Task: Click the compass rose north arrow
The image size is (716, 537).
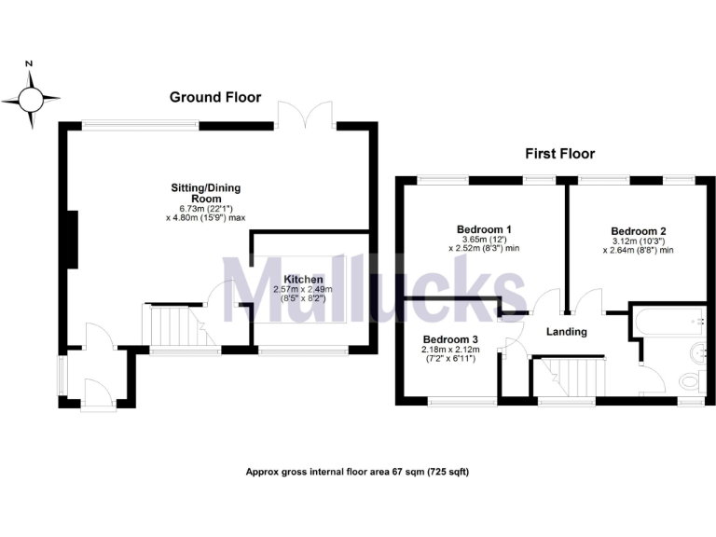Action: point(30,97)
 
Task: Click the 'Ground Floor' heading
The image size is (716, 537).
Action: point(214,97)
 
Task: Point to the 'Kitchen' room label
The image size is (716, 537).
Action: point(304,279)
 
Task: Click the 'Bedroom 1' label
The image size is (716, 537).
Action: point(484,228)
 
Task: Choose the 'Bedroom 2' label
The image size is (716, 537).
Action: point(639,231)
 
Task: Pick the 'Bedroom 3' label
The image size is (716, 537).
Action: point(450,338)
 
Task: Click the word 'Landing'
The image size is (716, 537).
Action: point(566,332)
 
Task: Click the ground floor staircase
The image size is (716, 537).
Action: point(172,326)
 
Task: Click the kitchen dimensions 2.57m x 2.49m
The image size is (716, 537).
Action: point(303,290)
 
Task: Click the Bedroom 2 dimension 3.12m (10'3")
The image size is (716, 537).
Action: point(639,241)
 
